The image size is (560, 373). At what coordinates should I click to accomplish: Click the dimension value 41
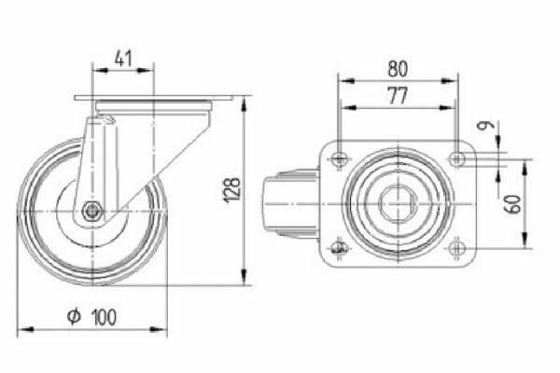[123, 60]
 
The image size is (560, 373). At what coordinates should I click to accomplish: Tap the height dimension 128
[232, 190]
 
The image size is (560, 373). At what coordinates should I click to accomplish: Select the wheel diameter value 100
[105, 317]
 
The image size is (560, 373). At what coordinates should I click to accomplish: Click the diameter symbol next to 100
[74, 317]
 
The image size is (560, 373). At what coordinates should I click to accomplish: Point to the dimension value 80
[398, 69]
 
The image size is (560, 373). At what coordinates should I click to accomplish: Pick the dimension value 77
[398, 96]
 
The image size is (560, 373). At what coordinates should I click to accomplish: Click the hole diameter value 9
[486, 125]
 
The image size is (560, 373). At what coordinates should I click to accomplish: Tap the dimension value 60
[513, 204]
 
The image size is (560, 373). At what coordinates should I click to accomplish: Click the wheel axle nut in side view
[91, 212]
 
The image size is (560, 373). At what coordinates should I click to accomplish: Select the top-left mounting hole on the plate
[339, 159]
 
